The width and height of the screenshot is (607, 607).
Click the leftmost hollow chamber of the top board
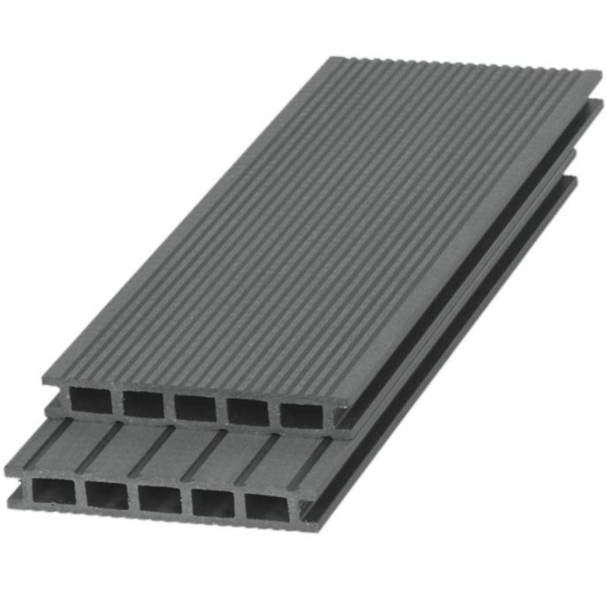[x=91, y=401]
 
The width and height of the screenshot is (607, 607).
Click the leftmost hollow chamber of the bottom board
[x=54, y=492]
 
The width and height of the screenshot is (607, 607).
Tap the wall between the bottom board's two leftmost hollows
[x=80, y=493]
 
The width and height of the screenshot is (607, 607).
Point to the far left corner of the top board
[x=333, y=57]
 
